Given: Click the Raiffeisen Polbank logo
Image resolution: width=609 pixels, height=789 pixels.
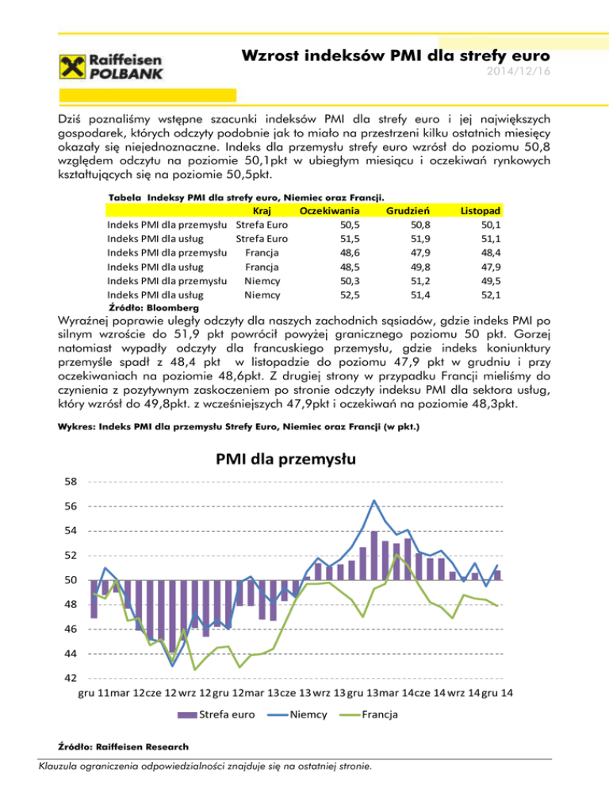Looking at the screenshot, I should (x=112, y=66).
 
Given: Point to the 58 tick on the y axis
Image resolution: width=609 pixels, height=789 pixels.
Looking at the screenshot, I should (x=71, y=482).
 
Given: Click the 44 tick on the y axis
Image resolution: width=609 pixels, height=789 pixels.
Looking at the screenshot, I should (x=71, y=653).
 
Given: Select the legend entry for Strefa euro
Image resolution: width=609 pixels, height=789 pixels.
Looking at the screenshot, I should (x=216, y=714).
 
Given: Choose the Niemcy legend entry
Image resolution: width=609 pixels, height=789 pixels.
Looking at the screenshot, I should (x=297, y=714).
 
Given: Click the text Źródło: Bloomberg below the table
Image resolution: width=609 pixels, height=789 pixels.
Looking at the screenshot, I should (x=153, y=306).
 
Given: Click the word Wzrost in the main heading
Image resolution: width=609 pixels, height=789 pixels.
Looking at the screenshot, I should (x=270, y=57).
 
